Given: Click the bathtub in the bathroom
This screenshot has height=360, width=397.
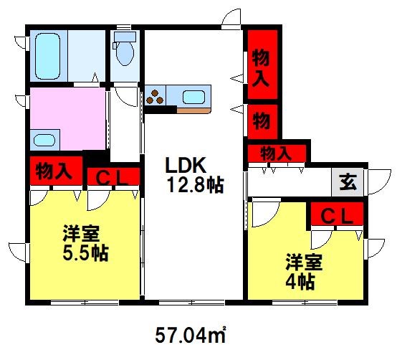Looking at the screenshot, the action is coord(48,56).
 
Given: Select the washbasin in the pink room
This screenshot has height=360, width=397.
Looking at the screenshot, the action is coord(44,140).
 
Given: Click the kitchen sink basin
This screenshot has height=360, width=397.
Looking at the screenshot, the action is coord(193,97).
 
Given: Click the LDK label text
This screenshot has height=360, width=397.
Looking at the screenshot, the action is coord(185,165).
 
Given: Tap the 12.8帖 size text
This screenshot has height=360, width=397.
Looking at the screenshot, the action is coord(196,185).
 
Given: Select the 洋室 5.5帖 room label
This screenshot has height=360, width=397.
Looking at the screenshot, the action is coord(85,242).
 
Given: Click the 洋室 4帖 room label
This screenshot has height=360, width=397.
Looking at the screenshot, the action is coord(304,271).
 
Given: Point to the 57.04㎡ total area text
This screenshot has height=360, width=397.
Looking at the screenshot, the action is coord(191,335).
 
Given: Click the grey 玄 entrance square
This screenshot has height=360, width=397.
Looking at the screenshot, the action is coord(348,182).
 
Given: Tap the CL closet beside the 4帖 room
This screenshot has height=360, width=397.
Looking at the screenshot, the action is coord(337,214).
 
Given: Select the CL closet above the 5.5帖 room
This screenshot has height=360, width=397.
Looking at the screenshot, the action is coord(113,176).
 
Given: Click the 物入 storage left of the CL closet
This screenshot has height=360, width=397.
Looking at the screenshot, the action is coord(56,171).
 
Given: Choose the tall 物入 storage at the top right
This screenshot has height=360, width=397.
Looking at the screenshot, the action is coord(262,65).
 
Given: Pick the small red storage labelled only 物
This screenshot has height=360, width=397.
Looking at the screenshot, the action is coord(262,122).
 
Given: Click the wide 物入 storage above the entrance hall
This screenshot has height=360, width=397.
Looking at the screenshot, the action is coord(277,153).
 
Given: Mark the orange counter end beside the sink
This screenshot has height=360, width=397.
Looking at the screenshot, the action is coord(193,110).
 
